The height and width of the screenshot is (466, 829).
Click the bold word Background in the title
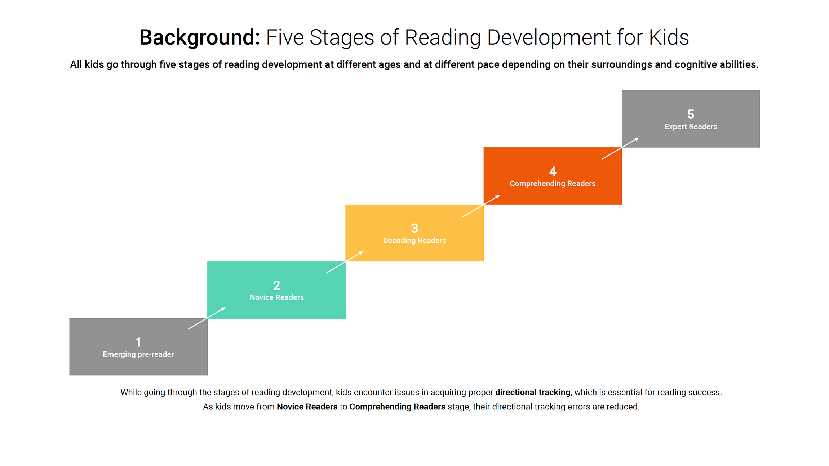(x=199, y=37)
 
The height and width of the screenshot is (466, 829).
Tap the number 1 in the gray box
(x=138, y=342)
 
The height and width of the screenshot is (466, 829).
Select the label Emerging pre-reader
(x=138, y=355)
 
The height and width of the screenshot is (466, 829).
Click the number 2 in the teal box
(x=276, y=286)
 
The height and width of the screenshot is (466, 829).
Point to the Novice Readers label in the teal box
(x=277, y=297)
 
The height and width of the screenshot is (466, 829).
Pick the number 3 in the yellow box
(x=414, y=228)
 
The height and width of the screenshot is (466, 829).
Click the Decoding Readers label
(x=414, y=241)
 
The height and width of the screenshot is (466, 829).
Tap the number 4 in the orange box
(x=553, y=171)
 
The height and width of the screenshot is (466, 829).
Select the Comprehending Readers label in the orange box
(x=553, y=184)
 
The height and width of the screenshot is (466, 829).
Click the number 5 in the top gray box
(x=691, y=115)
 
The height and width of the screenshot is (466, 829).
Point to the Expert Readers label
(x=691, y=127)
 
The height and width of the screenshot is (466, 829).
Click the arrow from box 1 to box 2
(x=207, y=318)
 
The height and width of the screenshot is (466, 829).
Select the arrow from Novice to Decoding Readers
(x=345, y=262)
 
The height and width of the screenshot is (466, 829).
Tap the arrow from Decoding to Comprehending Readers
(x=481, y=206)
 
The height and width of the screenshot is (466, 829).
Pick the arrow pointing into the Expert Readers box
(x=620, y=148)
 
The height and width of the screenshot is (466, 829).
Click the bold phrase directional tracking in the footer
(x=533, y=393)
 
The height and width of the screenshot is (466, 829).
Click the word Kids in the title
(x=669, y=37)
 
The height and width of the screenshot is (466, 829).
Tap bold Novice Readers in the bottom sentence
(x=307, y=407)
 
